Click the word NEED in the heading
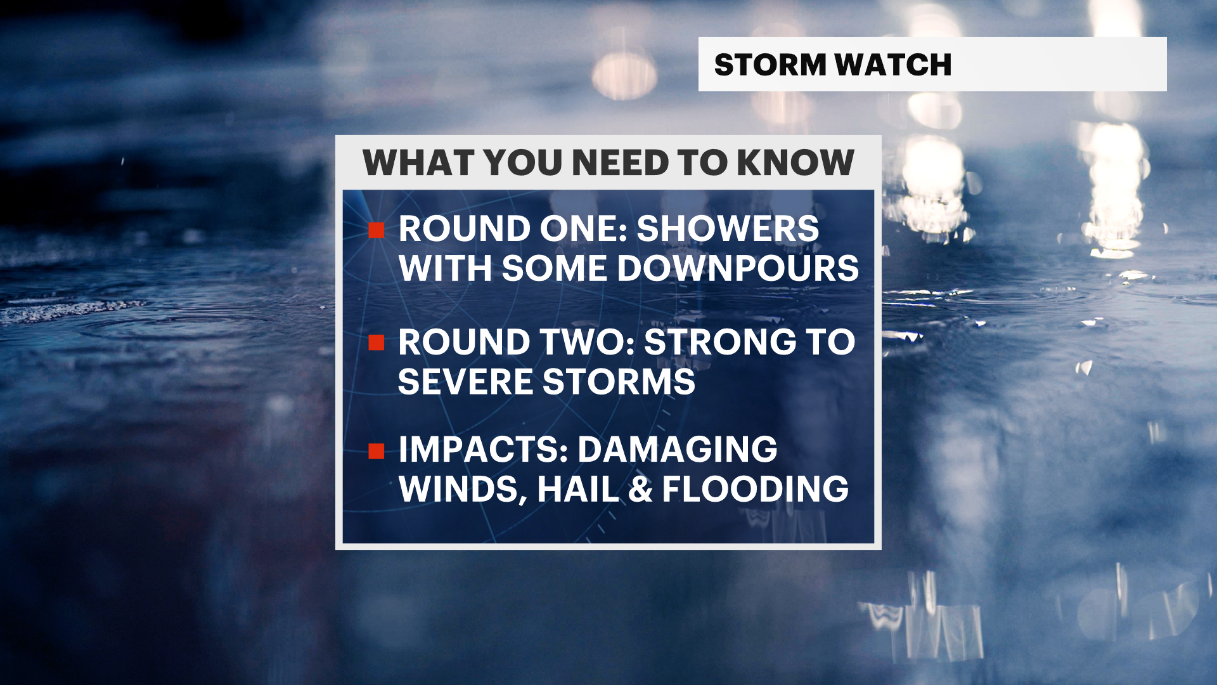click(621, 162)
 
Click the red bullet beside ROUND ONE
click(377, 230)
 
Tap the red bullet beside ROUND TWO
click(377, 343)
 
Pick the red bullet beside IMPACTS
click(377, 451)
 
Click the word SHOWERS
click(728, 229)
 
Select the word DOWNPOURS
click(738, 268)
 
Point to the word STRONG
click(719, 342)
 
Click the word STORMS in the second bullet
click(619, 382)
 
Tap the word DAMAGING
click(677, 450)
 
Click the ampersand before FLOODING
click(641, 490)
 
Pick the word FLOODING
click(756, 490)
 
